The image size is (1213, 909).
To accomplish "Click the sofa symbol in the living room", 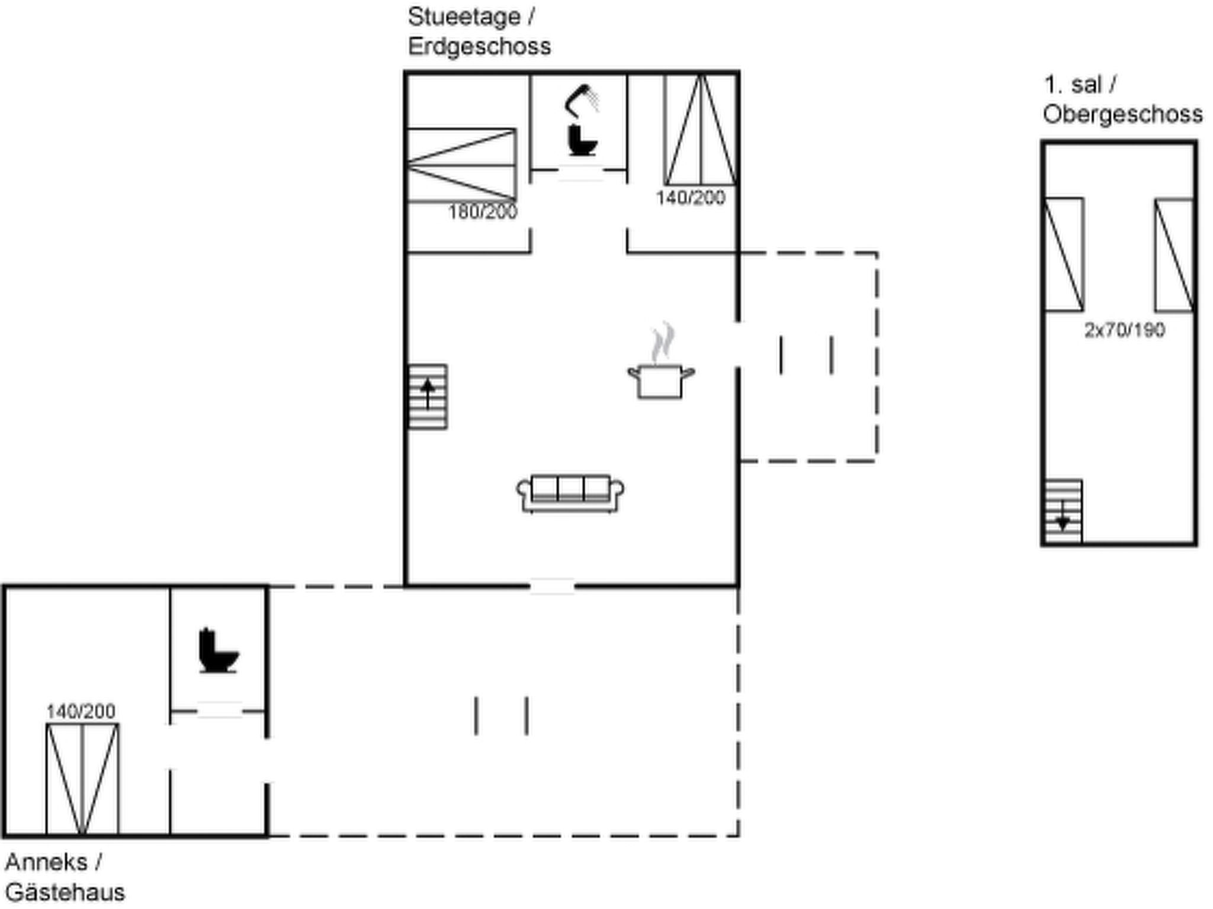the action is (x=570, y=493).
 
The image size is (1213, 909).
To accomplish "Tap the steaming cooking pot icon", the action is (x=661, y=362).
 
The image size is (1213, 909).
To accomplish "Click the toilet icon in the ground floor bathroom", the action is (x=582, y=140).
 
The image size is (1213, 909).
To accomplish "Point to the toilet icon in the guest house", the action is (x=219, y=650).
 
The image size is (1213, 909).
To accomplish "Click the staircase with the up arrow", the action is (x=428, y=397).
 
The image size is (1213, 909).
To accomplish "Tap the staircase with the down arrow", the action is (x=1063, y=511).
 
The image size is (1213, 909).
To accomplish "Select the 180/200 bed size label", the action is (x=483, y=212).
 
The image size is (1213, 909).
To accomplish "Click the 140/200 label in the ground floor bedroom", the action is (x=691, y=198).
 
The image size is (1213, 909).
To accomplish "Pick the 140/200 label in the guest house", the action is (x=81, y=711).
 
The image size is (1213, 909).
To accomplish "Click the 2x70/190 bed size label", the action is (x=1125, y=330).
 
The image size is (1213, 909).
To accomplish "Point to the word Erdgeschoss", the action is (x=479, y=46).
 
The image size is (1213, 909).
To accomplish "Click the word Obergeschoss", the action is (x=1123, y=114).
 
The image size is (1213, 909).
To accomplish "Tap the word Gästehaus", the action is (x=65, y=892).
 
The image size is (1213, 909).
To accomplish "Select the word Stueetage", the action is (x=464, y=17).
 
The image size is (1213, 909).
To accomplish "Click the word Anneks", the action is (x=46, y=862).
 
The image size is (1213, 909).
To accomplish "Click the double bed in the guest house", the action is (x=82, y=779).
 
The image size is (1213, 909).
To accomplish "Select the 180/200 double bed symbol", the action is (x=461, y=165).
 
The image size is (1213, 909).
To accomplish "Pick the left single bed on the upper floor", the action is (x=1064, y=254).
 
